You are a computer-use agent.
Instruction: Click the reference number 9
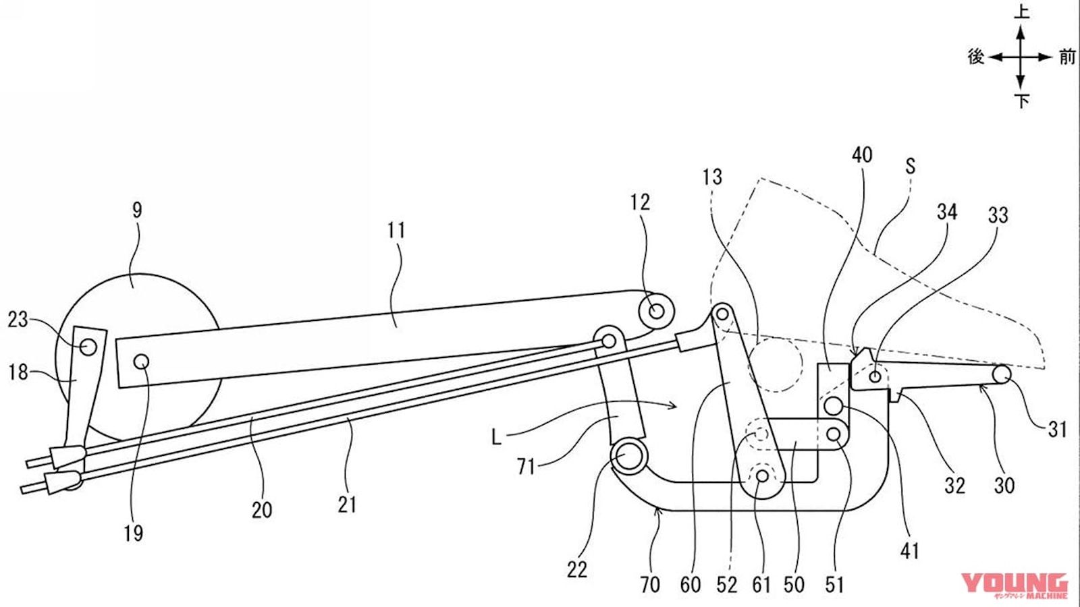(x=138, y=211)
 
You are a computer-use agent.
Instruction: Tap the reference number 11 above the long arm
(x=397, y=230)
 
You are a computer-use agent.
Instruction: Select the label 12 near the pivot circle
(x=641, y=202)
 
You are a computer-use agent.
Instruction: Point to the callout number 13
(x=712, y=177)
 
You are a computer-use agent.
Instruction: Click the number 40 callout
(x=862, y=155)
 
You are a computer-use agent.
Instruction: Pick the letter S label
(x=910, y=166)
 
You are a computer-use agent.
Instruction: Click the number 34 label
(x=947, y=212)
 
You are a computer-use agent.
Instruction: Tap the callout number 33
(x=998, y=215)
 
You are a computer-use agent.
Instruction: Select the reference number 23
(x=18, y=320)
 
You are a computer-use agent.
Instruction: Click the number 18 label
(x=18, y=372)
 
